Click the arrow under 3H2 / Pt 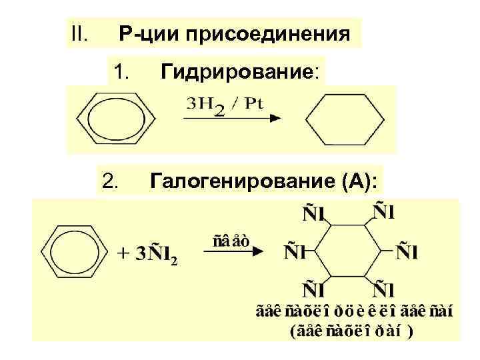[x=230, y=119]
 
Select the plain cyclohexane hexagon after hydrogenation [x=345, y=120]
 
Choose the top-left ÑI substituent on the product [x=315, y=215]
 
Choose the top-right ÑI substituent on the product [x=383, y=215]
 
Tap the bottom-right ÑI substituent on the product [x=383, y=289]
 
